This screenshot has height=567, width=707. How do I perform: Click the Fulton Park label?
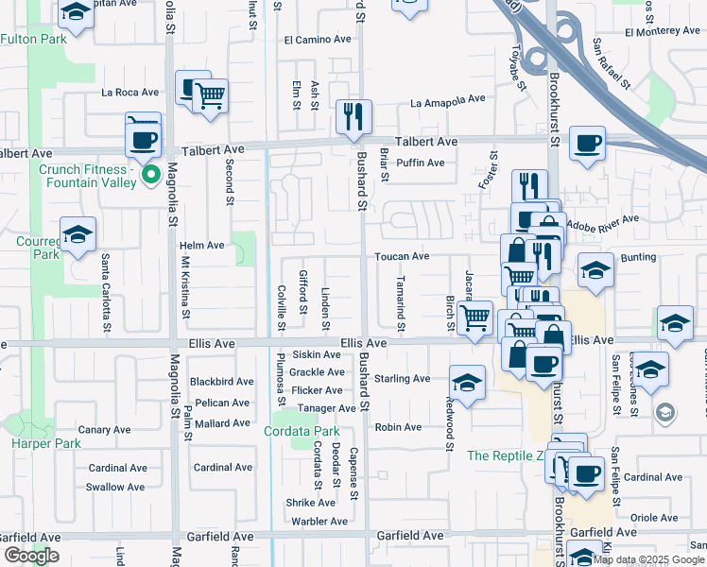click(x=33, y=39)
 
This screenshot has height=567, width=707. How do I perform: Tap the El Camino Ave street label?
click(x=317, y=40)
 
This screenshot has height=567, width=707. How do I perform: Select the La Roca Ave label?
click(x=129, y=93)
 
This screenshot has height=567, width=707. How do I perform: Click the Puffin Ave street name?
click(x=421, y=163)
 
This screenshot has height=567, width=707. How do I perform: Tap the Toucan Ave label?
click(x=402, y=256)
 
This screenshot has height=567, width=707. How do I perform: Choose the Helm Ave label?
click(x=201, y=246)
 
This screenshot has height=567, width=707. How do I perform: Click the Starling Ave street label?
click(x=402, y=379)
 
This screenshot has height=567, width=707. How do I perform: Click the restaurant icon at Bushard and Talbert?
click(x=354, y=117)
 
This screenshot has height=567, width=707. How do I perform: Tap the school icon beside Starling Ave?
click(x=467, y=383)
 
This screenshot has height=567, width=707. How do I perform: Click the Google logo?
click(x=31, y=556)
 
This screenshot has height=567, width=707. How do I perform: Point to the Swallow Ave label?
click(x=115, y=487)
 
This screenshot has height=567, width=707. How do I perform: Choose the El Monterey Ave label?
click(x=661, y=31)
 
